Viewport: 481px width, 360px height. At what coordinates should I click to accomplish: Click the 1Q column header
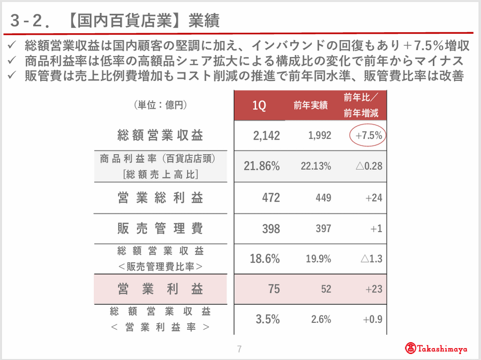coord(259,105)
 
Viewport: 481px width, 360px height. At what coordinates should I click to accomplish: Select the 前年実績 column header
coord(311,105)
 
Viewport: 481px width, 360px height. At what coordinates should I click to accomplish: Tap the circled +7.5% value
coord(369,135)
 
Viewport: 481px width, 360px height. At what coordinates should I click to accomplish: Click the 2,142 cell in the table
coord(266,136)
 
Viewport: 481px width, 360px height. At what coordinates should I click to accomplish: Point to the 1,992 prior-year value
coord(320,135)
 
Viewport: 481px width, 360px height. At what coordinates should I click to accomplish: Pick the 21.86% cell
coord(262,166)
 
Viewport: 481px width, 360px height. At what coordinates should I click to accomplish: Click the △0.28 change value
coord(369,166)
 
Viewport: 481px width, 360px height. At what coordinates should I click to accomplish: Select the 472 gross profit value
coord(271,198)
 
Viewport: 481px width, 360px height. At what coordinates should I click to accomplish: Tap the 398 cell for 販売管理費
coord(271,229)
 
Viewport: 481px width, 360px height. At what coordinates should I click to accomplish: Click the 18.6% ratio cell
coord(265,259)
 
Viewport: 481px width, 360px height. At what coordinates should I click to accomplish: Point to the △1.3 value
coord(372,259)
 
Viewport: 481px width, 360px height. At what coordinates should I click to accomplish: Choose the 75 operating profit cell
coord(274,289)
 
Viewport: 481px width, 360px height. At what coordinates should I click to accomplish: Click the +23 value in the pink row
coord(374,289)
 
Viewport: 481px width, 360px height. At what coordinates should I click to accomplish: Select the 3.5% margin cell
coord(268,319)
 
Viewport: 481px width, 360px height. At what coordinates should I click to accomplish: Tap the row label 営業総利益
coord(160,198)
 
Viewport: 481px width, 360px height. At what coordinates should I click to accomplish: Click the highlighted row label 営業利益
coord(160,289)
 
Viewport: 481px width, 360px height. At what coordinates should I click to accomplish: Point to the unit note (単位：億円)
coord(160,105)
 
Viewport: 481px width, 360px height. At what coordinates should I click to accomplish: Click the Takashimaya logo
coord(436,349)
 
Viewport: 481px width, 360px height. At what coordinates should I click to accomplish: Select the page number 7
coord(240,349)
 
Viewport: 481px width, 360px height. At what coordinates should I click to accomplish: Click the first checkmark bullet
coord(12,45)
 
